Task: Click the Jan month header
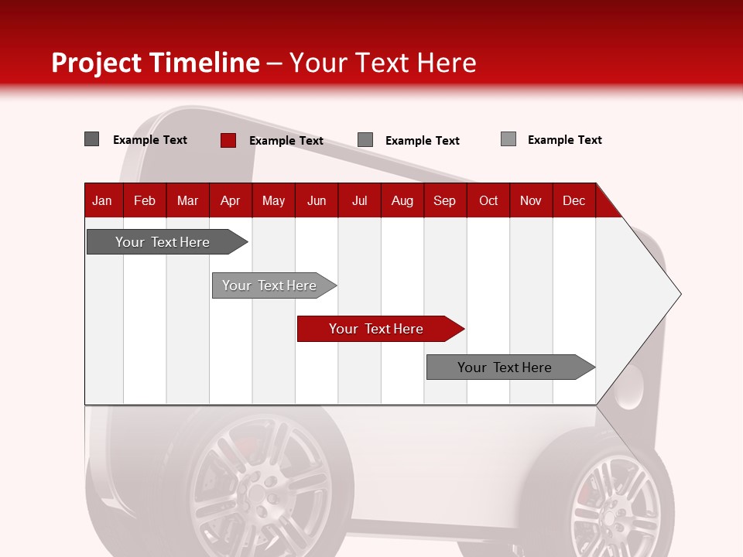point(102,200)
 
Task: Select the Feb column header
point(145,200)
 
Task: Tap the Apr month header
point(230,200)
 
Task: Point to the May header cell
point(273,200)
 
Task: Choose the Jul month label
point(359,200)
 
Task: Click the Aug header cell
point(402,200)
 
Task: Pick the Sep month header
point(444,200)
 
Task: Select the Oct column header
point(488,200)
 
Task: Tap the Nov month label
point(531,200)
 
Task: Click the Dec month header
point(574,200)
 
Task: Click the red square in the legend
point(228,140)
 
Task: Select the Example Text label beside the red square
point(286,141)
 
